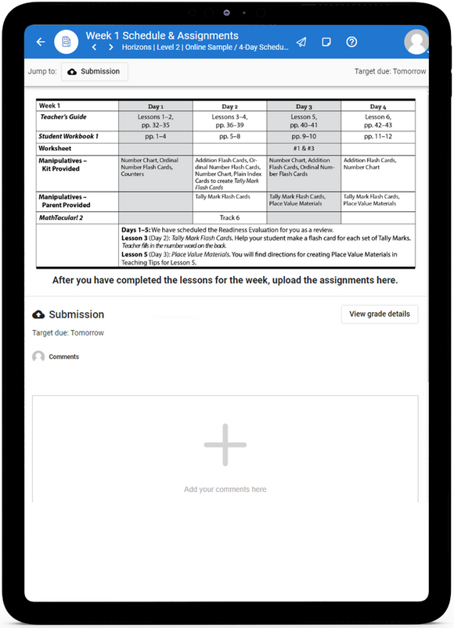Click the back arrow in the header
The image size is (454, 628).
(41, 41)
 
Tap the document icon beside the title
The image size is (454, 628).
(67, 41)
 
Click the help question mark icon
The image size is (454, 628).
(351, 41)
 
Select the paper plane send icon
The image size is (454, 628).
(301, 41)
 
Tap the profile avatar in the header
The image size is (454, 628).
(416, 41)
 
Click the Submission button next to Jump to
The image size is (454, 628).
(94, 71)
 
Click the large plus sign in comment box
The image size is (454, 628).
(225, 445)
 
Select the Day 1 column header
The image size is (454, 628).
(155, 106)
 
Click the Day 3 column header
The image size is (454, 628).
(304, 106)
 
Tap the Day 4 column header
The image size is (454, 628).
(378, 106)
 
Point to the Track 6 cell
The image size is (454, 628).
(229, 217)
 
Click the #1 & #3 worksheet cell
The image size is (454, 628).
(304, 148)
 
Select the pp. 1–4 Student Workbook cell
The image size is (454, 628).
(155, 136)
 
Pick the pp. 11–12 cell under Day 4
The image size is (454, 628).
(378, 136)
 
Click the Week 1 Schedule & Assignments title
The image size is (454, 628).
(162, 35)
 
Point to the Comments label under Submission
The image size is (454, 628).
(63, 357)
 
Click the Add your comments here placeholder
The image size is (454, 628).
(225, 490)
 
